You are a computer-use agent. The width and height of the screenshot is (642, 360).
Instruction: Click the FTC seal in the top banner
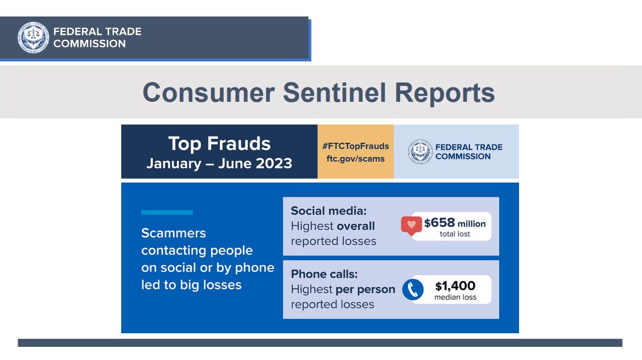33,38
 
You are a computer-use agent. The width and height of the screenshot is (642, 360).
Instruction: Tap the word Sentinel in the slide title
334,93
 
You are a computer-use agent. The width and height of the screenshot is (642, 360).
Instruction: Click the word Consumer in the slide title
208,93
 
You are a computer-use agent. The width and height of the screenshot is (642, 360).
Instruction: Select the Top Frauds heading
220,143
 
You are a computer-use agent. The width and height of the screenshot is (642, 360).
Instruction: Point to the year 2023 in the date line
274,163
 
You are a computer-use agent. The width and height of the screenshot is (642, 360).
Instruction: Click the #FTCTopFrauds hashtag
355,146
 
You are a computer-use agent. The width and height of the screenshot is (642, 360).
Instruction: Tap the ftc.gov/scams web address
355,159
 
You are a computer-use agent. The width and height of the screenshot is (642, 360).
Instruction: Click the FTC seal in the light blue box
420,152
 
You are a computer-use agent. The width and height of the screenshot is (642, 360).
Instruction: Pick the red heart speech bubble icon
411,225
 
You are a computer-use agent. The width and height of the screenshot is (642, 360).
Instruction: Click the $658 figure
439,222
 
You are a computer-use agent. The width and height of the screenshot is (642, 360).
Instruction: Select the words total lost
455,234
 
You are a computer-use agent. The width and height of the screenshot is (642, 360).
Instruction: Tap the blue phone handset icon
413,289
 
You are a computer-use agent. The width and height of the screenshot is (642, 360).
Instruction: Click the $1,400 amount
455,285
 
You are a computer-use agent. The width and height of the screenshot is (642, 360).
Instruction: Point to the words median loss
455,297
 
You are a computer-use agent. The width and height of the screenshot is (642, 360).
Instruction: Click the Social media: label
329,210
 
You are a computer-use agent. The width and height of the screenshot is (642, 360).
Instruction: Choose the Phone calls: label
324,274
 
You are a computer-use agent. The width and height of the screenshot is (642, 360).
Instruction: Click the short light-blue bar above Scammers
167,212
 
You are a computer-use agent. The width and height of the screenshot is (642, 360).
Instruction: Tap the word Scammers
174,233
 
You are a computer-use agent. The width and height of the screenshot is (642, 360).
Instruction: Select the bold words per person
365,289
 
